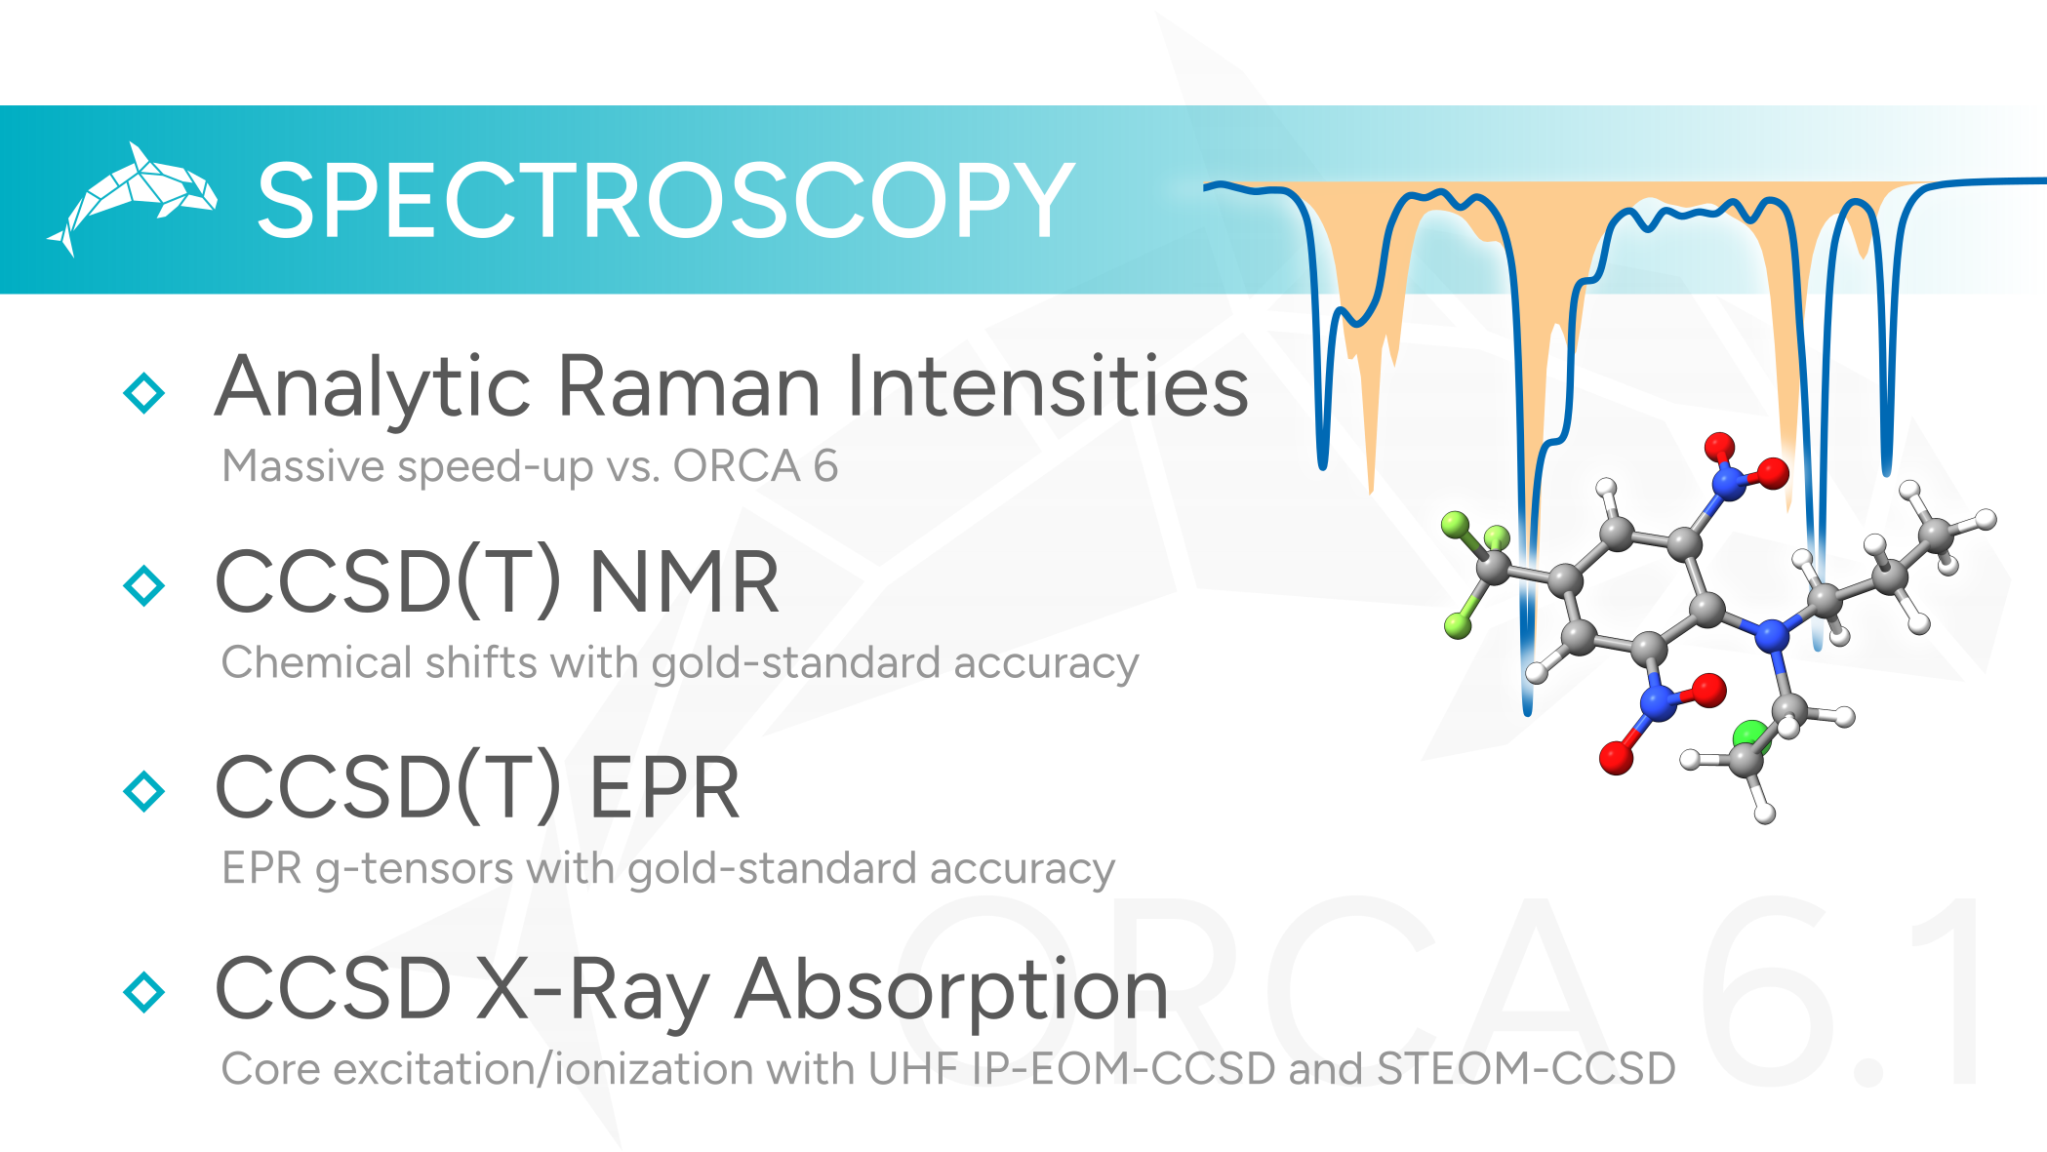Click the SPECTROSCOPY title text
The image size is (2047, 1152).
(x=665, y=200)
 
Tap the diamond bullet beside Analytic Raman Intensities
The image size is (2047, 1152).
(x=144, y=393)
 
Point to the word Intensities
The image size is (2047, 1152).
(x=1048, y=385)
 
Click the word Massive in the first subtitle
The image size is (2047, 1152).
(x=303, y=465)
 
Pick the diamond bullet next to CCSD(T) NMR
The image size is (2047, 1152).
(x=144, y=585)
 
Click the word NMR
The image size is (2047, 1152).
(x=684, y=582)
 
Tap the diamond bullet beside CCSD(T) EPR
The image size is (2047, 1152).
(x=144, y=790)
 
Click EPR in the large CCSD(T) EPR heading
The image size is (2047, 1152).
(x=664, y=787)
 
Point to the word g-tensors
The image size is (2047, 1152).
(x=414, y=868)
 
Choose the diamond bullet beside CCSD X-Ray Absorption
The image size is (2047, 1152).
(x=144, y=991)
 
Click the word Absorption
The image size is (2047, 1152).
(x=952, y=991)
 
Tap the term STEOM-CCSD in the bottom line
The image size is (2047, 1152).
(x=1526, y=1068)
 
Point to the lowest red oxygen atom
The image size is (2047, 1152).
(x=1617, y=757)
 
